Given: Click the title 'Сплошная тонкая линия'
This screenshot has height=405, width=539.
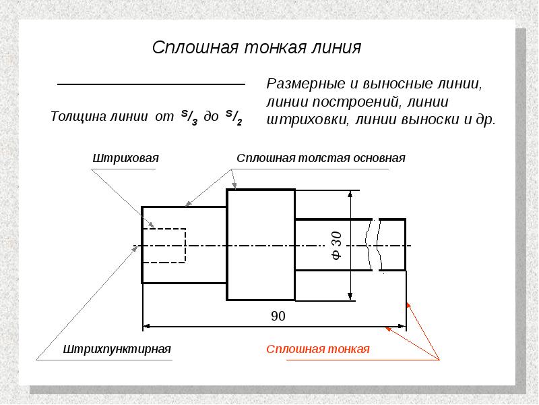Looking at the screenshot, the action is (257, 47).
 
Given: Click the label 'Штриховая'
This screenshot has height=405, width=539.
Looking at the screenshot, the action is (125, 158).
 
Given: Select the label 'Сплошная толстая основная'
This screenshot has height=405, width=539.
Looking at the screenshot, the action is (321, 158).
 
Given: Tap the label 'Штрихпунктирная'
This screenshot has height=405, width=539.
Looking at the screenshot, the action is (117, 349).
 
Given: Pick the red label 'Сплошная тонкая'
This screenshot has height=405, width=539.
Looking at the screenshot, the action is (317, 349).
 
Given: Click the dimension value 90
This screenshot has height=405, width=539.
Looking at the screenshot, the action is (278, 316).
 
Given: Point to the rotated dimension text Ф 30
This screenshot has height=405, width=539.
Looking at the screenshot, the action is (336, 246).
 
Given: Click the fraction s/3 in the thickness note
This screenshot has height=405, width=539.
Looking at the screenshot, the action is (189, 117).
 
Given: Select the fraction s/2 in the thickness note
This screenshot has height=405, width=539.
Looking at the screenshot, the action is (234, 117).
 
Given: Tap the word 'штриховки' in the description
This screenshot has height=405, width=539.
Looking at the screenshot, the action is (308, 119).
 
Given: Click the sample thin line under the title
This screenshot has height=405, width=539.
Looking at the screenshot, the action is (151, 84).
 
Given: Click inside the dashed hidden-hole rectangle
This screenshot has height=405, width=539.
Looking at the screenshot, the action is (164, 246).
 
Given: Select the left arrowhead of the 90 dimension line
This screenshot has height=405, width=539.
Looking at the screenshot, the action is (146, 326).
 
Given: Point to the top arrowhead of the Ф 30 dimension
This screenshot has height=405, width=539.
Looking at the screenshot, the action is (350, 194).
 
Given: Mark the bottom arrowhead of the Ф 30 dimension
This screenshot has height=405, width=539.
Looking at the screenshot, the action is (350, 296).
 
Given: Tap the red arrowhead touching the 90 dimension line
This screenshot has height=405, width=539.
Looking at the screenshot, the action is (389, 329).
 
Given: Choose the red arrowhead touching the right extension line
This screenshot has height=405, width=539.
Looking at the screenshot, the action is (409, 306).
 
